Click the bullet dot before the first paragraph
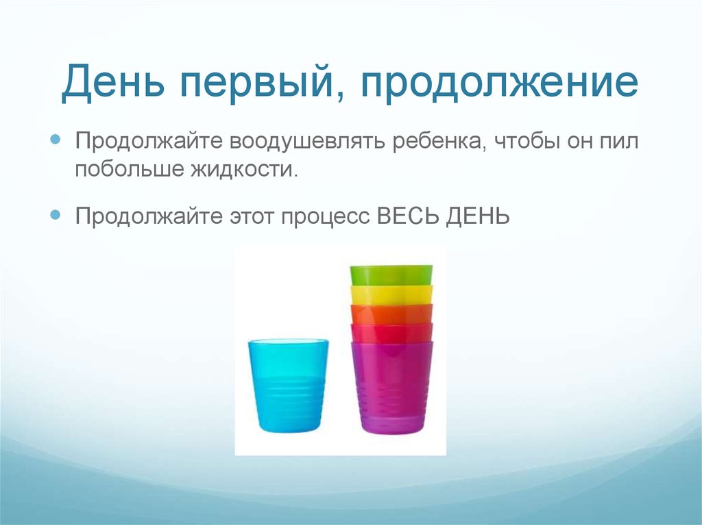58,140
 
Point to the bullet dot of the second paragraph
58,215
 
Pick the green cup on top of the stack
391,274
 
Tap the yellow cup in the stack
391,294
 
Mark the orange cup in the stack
391,313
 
